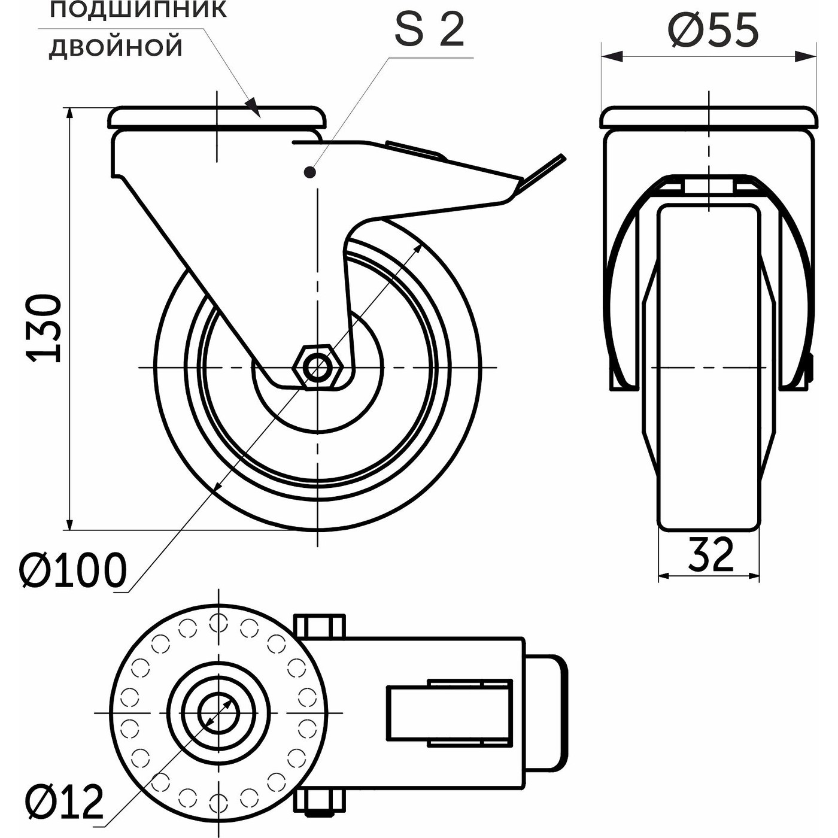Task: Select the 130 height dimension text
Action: [45, 328]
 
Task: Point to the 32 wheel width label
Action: [710, 554]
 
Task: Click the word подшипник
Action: [138, 10]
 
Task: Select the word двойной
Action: [116, 47]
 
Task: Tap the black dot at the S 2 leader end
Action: [309, 173]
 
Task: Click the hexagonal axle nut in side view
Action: [317, 367]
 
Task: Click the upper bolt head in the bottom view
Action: [320, 626]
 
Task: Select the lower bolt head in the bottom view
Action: [320, 801]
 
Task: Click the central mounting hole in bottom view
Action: [219, 713]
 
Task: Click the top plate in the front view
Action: [709, 117]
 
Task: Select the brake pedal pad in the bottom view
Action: [546, 713]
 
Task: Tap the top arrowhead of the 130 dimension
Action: [71, 117]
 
